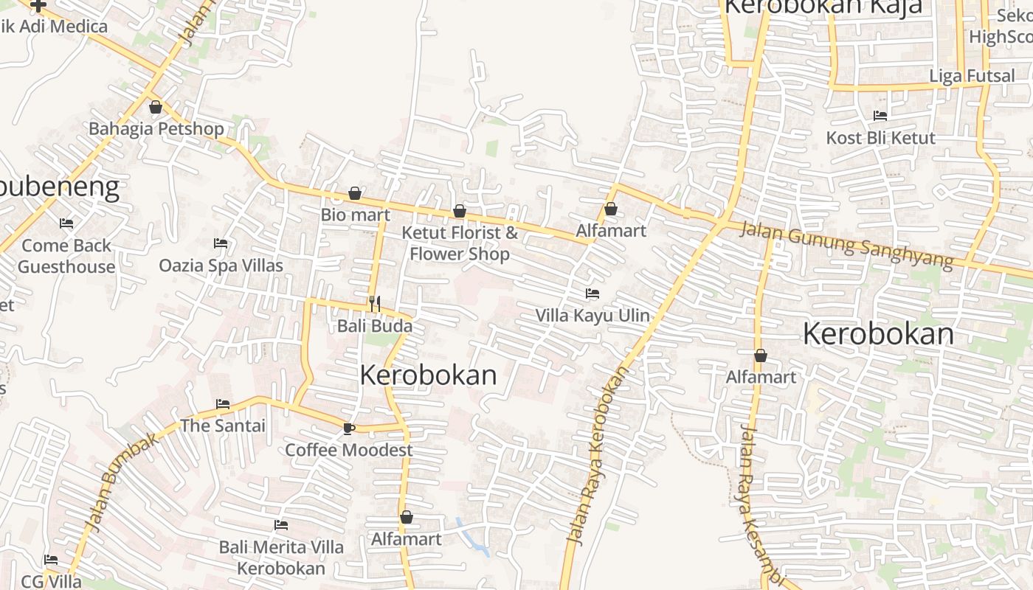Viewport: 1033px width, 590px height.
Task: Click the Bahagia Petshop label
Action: (156, 129)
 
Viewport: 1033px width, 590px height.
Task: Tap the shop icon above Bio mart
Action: (355, 193)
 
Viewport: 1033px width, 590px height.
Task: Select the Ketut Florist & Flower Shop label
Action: (460, 243)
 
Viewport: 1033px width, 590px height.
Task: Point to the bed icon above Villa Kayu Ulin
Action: (592, 294)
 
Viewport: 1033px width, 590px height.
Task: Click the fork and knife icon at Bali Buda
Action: (375, 303)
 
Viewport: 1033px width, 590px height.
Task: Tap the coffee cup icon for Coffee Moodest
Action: (349, 428)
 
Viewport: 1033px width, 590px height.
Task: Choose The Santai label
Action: (223, 426)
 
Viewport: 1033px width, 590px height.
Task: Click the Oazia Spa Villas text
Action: (221, 265)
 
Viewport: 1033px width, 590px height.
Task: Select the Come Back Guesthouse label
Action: (66, 256)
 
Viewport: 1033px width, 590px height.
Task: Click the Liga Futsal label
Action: (972, 76)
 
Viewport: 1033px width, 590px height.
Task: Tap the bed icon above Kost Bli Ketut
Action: (880, 116)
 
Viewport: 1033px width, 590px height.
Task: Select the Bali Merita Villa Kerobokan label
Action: (281, 558)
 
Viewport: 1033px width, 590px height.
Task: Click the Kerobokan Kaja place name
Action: (823, 7)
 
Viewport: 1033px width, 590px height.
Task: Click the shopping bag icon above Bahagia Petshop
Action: (156, 108)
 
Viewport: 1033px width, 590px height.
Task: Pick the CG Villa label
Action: (52, 581)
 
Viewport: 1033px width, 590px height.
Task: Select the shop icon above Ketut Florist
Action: (460, 212)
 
